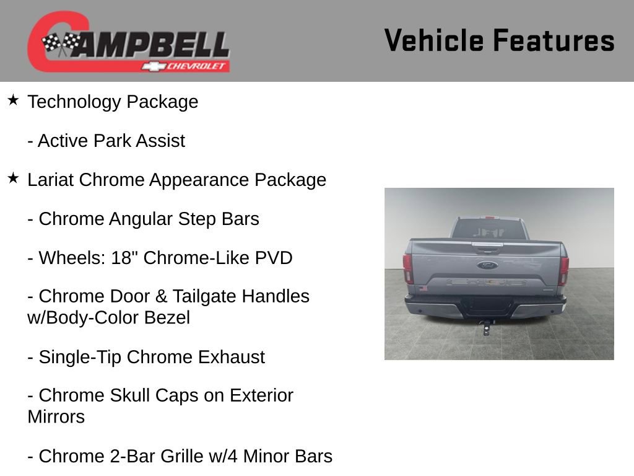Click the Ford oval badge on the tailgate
click(x=487, y=265)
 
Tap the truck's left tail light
click(x=408, y=268)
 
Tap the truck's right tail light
click(x=563, y=269)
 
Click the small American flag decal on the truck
click(x=423, y=288)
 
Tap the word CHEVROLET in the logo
click(x=198, y=66)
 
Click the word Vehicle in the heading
click(x=434, y=41)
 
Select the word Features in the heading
click(x=554, y=41)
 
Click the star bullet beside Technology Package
click(x=14, y=100)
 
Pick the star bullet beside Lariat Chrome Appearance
click(x=14, y=178)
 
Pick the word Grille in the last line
click(x=186, y=456)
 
